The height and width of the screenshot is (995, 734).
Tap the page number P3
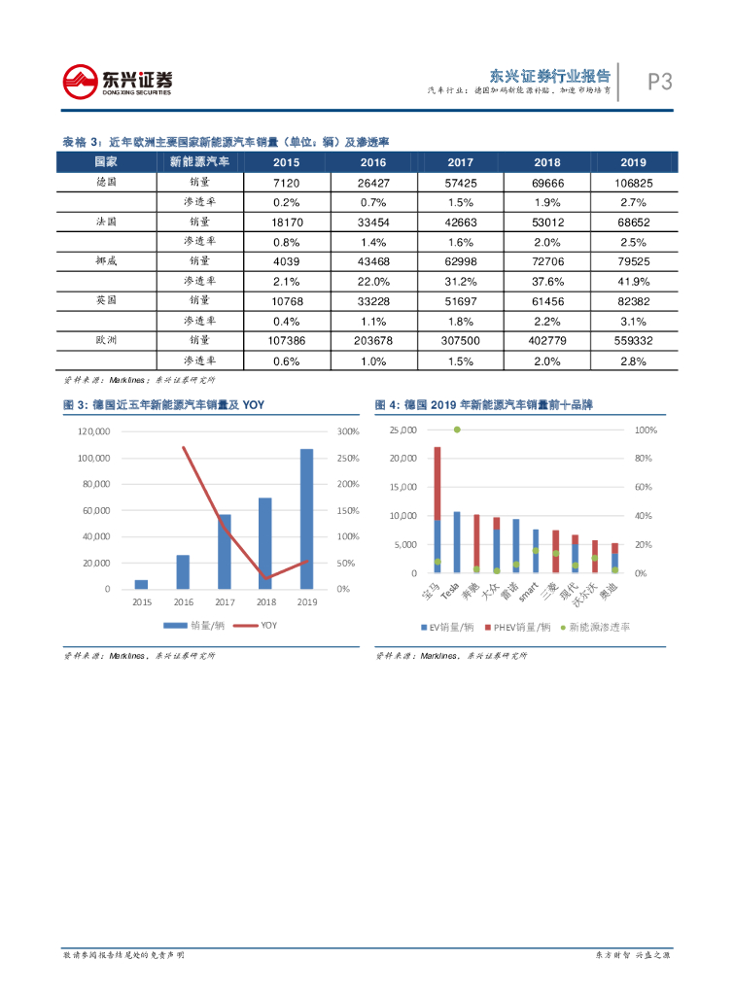(x=660, y=83)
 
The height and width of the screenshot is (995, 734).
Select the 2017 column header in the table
(x=461, y=162)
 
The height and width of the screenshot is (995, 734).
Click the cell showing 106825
(x=633, y=182)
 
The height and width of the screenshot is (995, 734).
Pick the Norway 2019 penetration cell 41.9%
(x=633, y=281)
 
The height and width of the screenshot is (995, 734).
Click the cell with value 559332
(x=633, y=341)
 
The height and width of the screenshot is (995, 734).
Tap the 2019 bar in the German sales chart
(x=306, y=518)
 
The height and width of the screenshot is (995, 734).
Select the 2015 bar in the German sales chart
(x=141, y=584)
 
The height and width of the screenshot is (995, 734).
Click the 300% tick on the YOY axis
(x=348, y=431)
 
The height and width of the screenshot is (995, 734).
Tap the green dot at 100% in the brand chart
(x=457, y=429)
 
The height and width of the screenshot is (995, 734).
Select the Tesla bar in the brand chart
(x=457, y=541)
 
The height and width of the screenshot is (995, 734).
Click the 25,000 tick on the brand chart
(x=402, y=429)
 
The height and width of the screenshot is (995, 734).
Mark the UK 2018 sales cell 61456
(x=547, y=301)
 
